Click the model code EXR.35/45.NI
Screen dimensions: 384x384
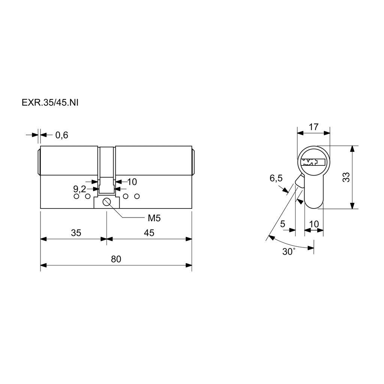pyautogui.click(x=50, y=103)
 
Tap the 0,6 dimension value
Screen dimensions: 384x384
pyautogui.click(x=61, y=135)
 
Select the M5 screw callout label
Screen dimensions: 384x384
pyautogui.click(x=154, y=218)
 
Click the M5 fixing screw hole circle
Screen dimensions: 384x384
pyautogui.click(x=107, y=202)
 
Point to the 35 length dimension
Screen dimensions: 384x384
pyautogui.click(x=76, y=232)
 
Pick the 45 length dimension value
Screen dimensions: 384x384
pyautogui.click(x=149, y=232)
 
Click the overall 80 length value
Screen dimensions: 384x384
pyautogui.click(x=116, y=259)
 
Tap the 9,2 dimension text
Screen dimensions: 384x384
pyautogui.click(x=79, y=189)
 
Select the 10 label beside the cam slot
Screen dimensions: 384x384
pyautogui.click(x=132, y=182)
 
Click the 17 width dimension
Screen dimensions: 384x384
pyautogui.click(x=313, y=127)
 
